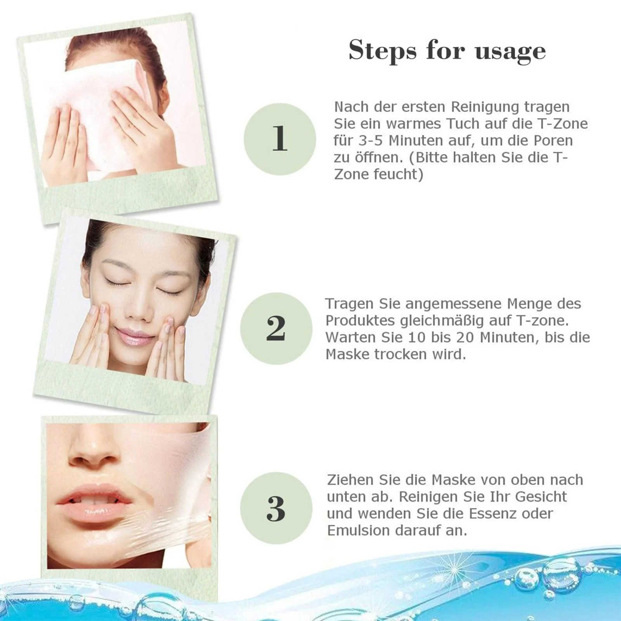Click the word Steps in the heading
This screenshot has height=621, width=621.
coord(382,50)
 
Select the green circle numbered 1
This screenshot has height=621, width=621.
coord(279,139)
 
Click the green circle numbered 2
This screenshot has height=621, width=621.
coord(276,328)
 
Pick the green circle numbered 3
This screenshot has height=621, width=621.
coord(276,508)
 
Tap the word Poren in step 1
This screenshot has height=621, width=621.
coord(553,141)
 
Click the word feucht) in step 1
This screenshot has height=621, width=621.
coord(398,174)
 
